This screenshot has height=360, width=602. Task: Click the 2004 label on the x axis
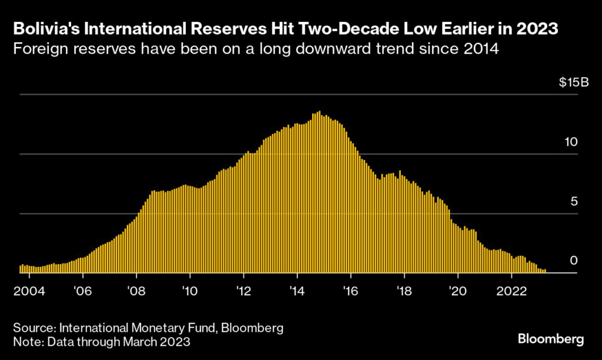point(30,291)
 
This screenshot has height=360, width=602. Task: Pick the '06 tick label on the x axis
point(83,291)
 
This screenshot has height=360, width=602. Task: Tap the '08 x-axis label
point(136,291)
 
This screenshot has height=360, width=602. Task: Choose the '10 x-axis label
point(190,291)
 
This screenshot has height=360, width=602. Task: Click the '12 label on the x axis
point(243,291)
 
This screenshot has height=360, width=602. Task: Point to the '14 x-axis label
point(297,291)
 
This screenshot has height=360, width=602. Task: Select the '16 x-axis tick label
point(351,291)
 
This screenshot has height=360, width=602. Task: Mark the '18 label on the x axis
point(404,291)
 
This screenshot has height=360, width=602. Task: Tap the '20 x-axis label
point(458,291)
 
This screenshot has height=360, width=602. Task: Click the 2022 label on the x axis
point(511,291)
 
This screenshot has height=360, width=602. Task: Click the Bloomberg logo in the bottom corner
point(551,339)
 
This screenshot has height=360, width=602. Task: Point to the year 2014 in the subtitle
point(481,49)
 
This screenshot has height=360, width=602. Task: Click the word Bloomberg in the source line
point(254,327)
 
